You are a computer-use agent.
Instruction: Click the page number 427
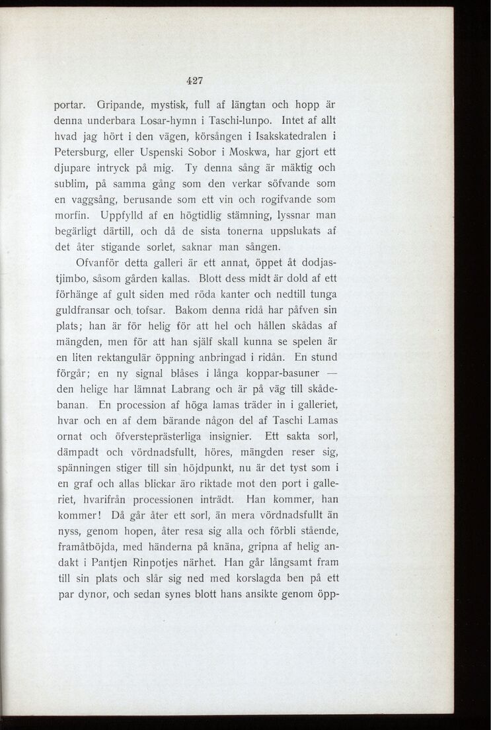tap(194, 81)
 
